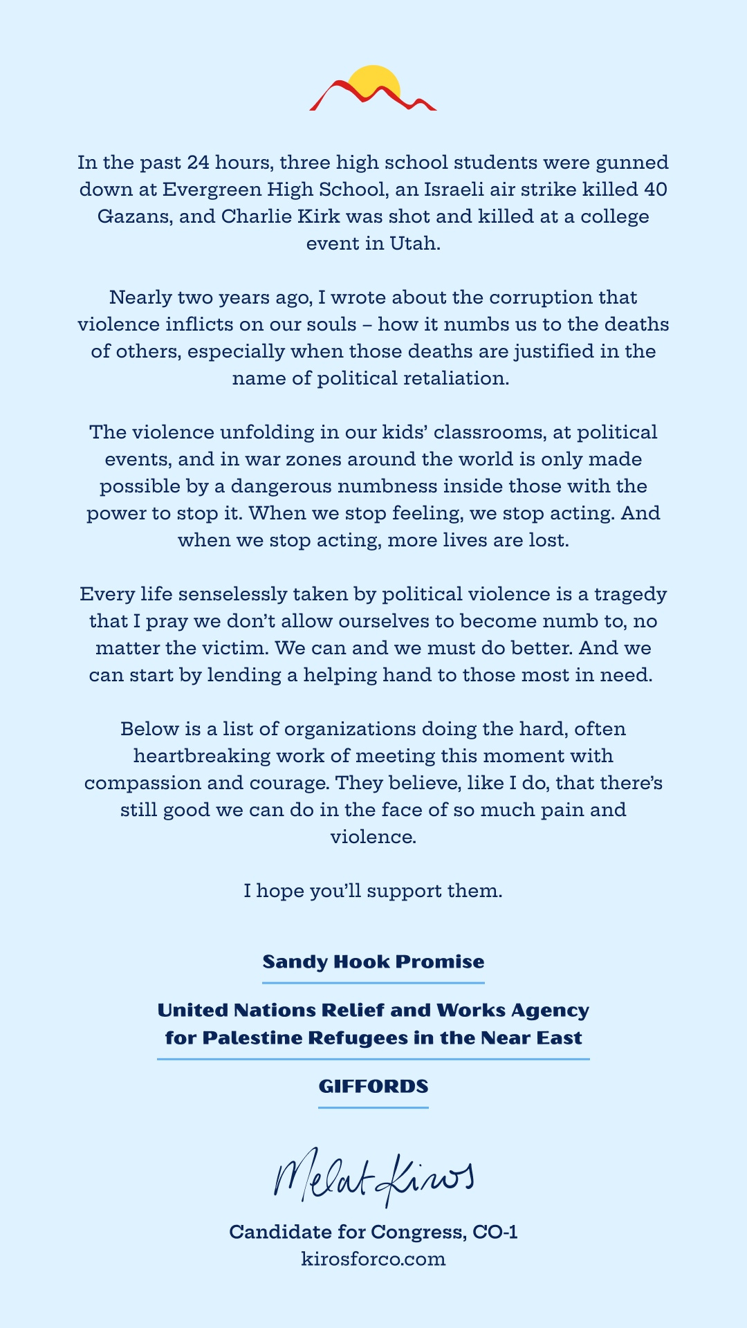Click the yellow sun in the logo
pos(375,82)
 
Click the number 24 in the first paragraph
pos(199,163)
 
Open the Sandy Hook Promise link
pos(373,962)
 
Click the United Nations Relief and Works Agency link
pos(373,1024)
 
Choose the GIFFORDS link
pos(373,1087)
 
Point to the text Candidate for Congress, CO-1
pos(373,1232)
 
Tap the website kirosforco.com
pos(373,1259)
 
